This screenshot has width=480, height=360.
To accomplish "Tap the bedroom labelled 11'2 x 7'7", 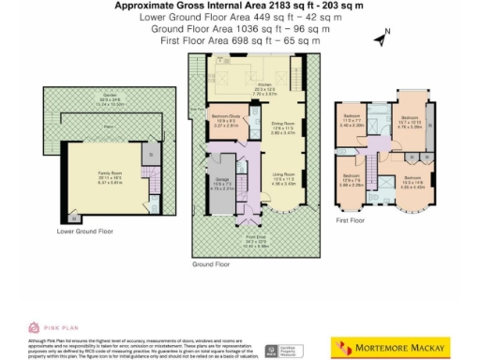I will point(351,122).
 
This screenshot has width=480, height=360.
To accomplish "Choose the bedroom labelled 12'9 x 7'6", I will point(352,181).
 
